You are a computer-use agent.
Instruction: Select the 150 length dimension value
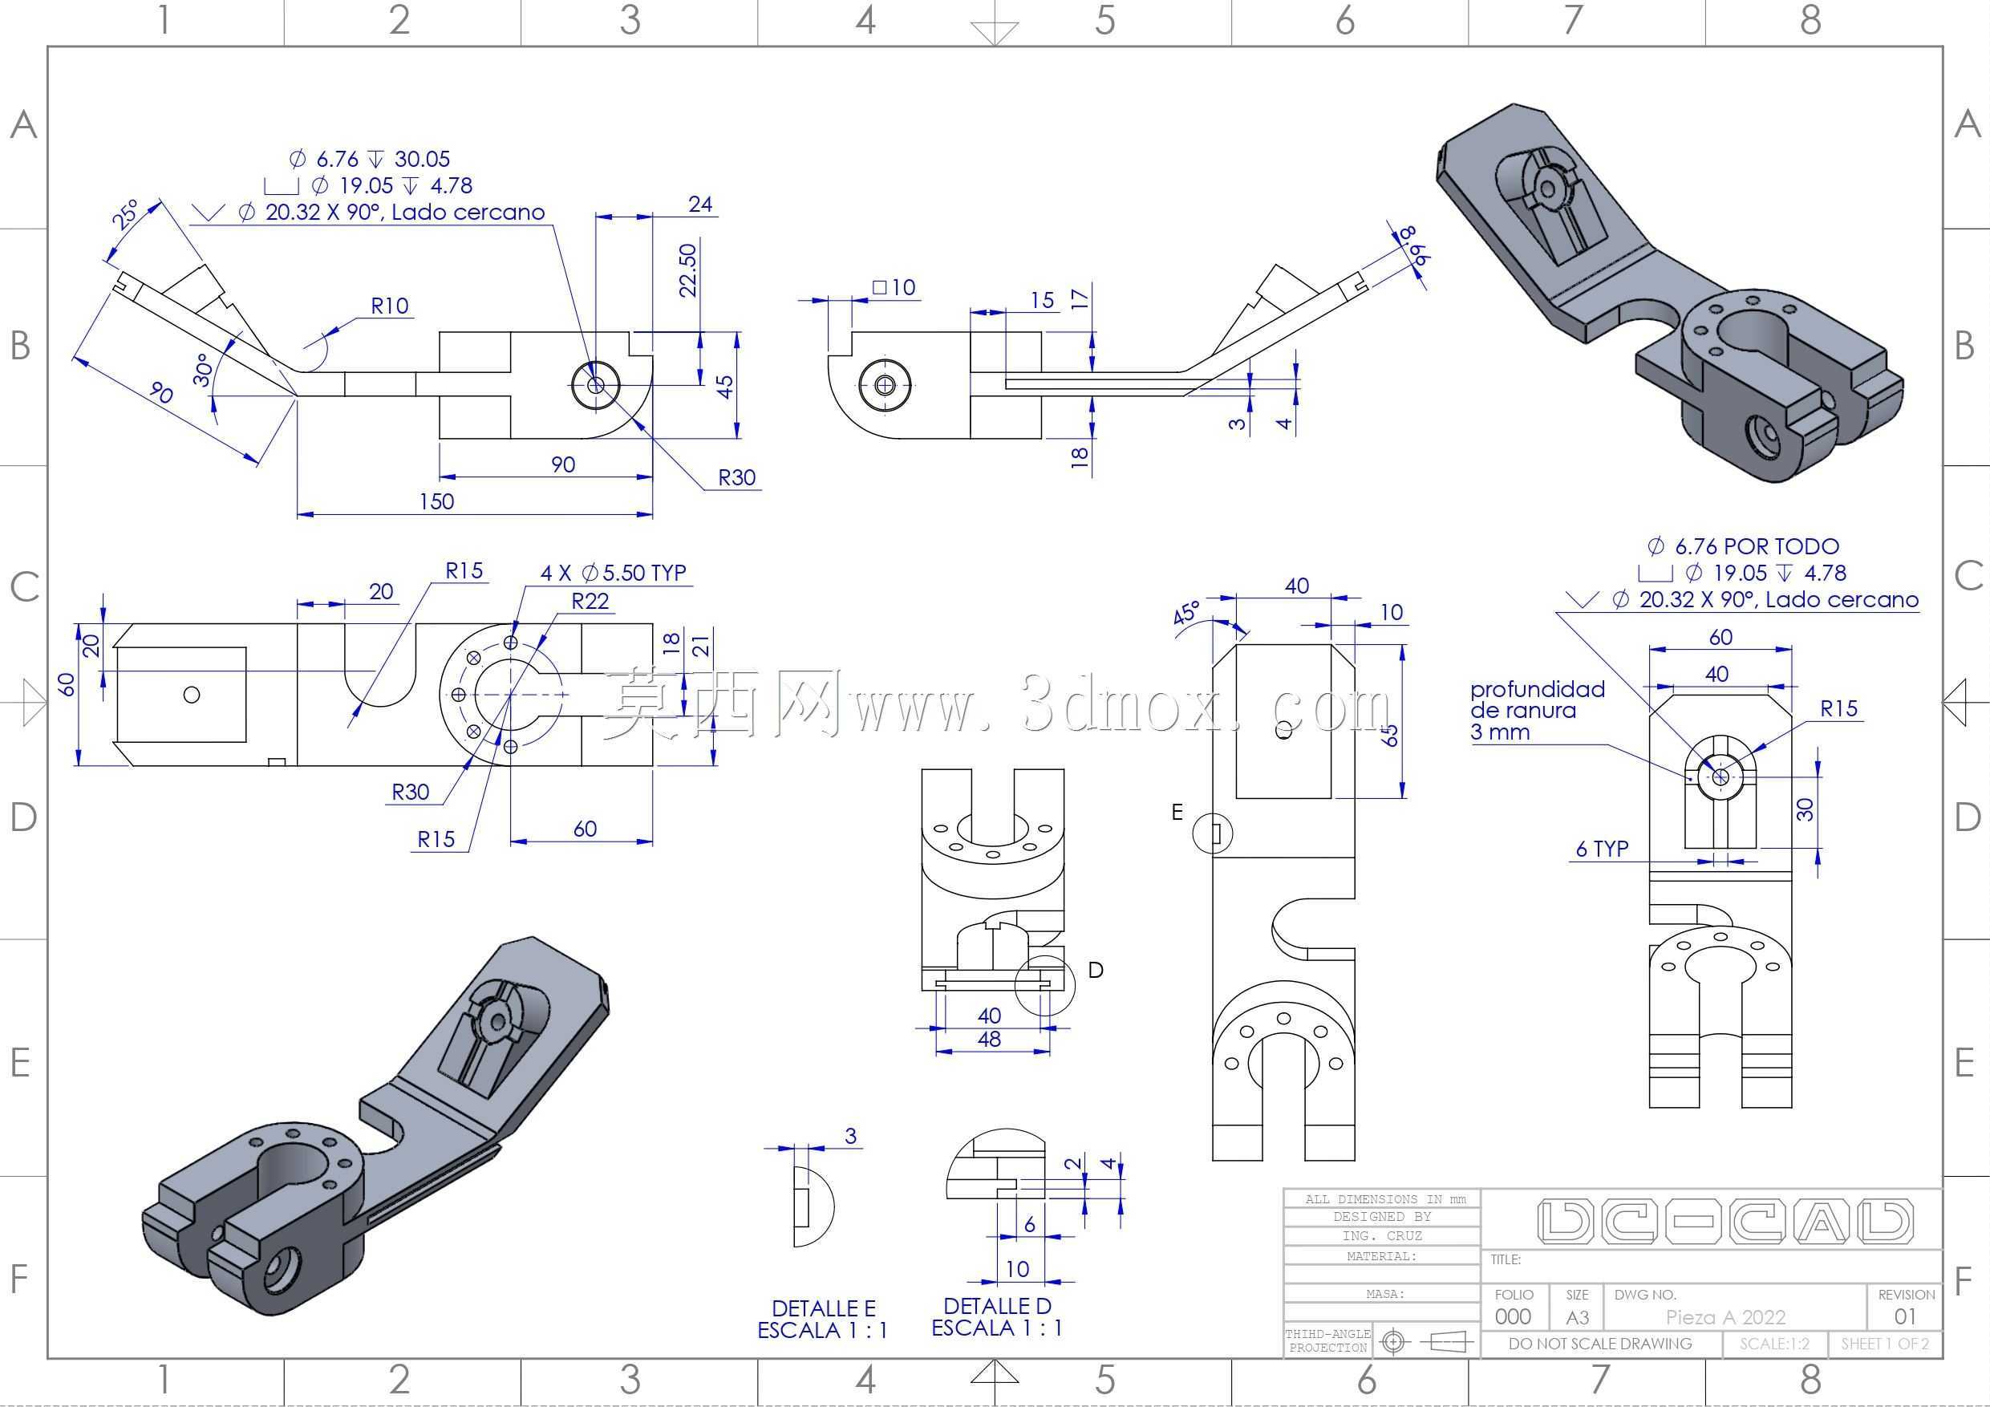[437, 501]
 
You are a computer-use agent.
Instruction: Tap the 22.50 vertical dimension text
[688, 270]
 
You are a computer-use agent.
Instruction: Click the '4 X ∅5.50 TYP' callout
[614, 573]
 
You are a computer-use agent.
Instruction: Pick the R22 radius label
[590, 601]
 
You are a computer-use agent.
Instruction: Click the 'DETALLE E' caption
[824, 1308]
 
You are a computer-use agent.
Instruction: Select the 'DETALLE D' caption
[997, 1306]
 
